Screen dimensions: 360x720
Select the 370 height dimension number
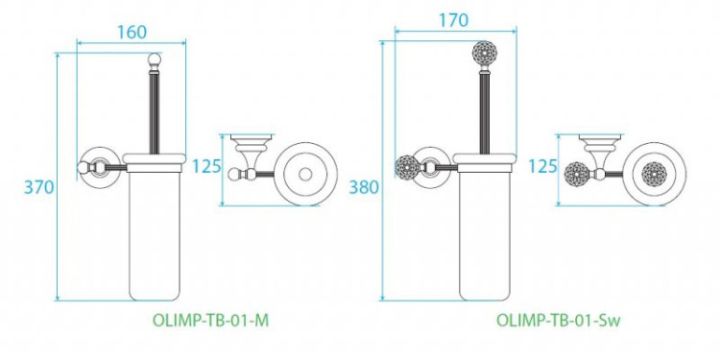(x=38, y=186)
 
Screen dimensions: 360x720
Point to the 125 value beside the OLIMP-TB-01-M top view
(x=204, y=164)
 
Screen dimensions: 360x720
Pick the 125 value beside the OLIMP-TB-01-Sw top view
(x=542, y=166)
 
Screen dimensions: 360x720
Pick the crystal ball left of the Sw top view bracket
(x=574, y=176)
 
